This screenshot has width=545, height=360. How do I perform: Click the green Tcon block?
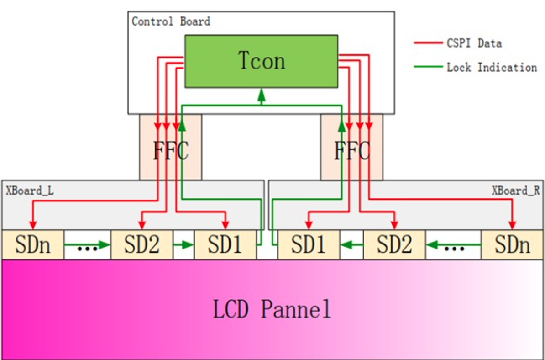[261, 61]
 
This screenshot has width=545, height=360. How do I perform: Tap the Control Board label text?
[171, 21]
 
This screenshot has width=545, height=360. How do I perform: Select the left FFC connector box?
[170, 147]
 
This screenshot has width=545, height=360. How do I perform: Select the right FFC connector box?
[351, 147]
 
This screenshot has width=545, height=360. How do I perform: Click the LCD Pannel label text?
[272, 309]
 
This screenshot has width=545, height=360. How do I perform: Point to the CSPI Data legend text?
[474, 43]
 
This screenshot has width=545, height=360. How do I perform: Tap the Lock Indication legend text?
[492, 68]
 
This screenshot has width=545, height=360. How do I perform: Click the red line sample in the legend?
[428, 43]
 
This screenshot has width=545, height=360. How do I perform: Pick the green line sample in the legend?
[428, 68]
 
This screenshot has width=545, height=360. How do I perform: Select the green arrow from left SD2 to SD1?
[184, 245]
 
